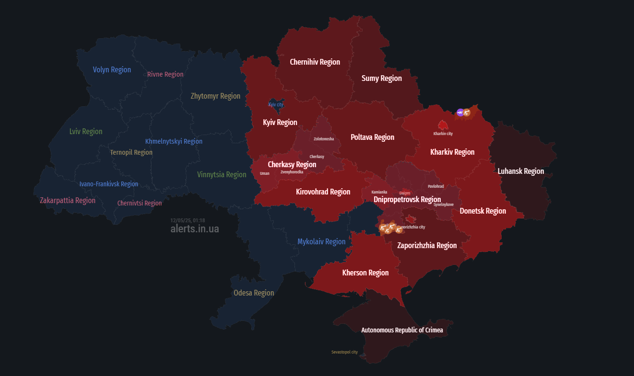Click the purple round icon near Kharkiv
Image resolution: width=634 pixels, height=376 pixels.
point(460,113)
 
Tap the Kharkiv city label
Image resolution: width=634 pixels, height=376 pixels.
point(443,134)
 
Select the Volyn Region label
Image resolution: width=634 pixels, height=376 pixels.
point(112,70)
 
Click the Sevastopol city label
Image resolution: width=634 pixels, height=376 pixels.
point(344,352)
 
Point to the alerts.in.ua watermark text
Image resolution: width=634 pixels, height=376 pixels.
point(195,229)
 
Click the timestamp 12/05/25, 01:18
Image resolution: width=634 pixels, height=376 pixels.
point(188,220)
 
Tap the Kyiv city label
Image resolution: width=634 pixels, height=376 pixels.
point(276,104)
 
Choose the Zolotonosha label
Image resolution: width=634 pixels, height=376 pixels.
point(324,139)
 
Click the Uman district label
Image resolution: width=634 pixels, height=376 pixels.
point(265,173)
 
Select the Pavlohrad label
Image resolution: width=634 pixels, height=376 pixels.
point(436,186)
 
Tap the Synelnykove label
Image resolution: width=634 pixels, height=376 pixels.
point(444,205)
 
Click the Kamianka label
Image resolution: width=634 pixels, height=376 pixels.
point(379,192)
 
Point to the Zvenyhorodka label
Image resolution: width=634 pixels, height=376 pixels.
point(292,172)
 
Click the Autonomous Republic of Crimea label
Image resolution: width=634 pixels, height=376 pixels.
point(402,330)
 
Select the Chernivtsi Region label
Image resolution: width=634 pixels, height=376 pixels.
point(140,203)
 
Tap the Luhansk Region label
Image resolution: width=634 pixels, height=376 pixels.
point(521,171)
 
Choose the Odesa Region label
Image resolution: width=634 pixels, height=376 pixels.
point(254,293)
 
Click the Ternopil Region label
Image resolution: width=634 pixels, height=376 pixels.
point(131,152)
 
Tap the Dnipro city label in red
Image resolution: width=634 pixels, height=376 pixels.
point(405,193)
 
